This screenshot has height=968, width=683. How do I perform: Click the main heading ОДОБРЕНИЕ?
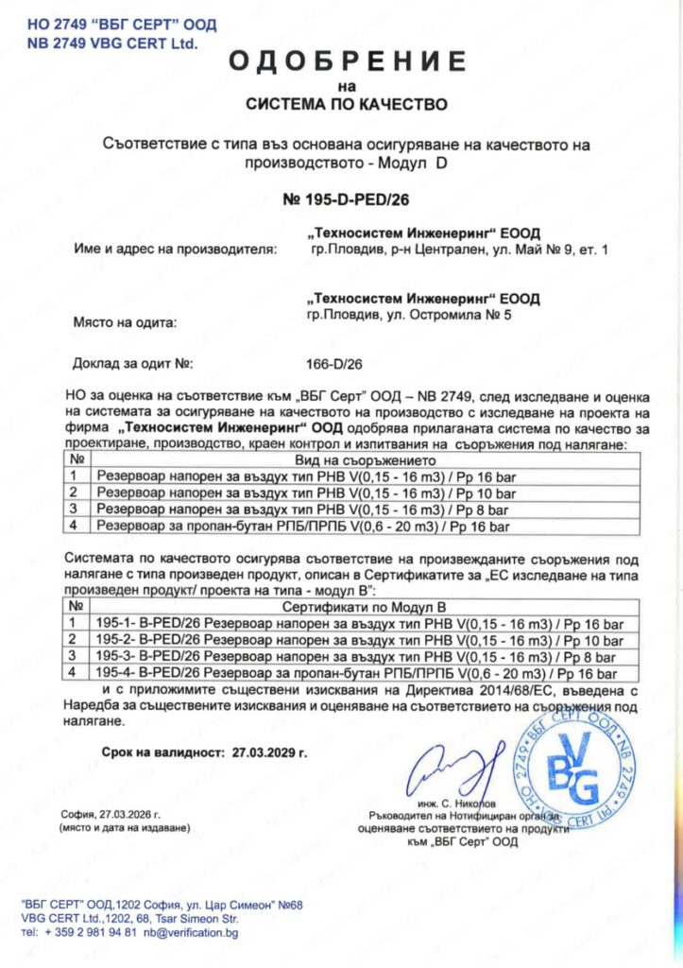(x=347, y=62)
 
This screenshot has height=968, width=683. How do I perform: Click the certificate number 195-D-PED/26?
(x=347, y=199)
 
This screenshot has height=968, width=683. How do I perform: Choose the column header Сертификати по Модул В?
(x=355, y=603)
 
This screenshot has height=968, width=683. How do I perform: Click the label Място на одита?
(x=125, y=322)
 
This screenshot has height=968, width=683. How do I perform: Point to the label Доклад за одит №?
(x=132, y=363)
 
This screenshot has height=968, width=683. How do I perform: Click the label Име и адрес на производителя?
(x=175, y=251)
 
